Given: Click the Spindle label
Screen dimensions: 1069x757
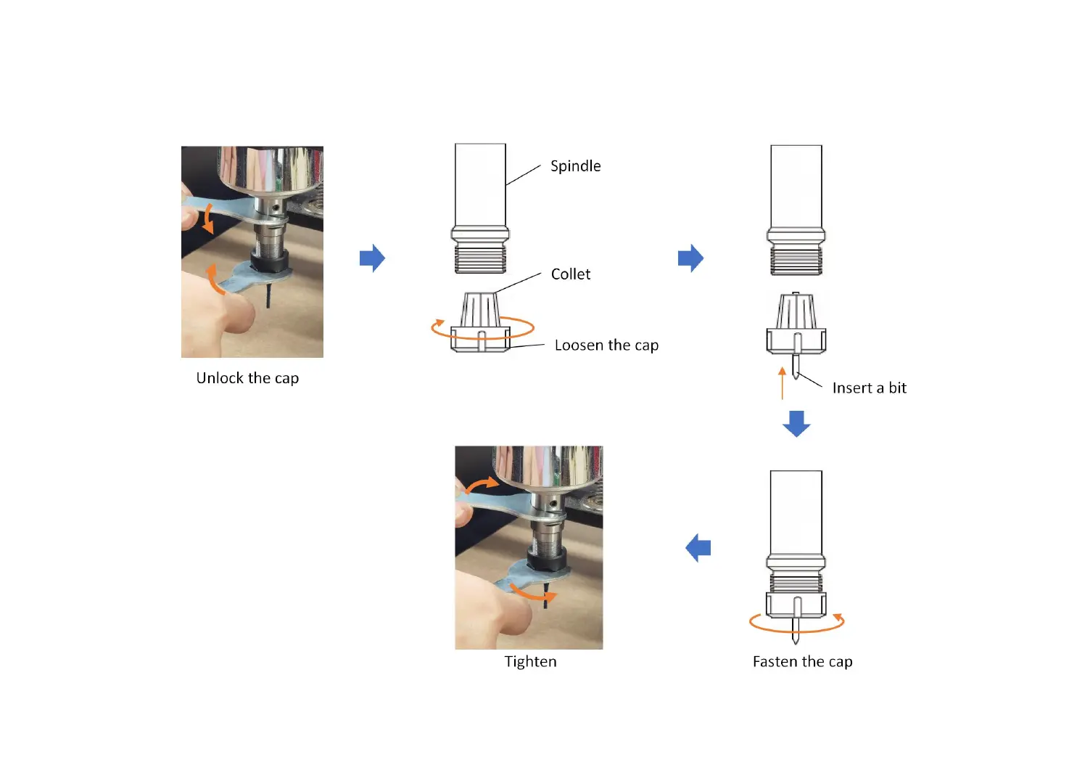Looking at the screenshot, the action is pyautogui.click(x=575, y=166).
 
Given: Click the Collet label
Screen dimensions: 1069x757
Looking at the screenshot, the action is pyautogui.click(x=571, y=274).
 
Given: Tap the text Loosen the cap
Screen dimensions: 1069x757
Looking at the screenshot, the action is pyautogui.click(x=606, y=345).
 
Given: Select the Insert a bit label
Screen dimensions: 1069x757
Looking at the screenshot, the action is pyautogui.click(x=869, y=388).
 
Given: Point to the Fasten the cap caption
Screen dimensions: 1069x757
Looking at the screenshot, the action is pyautogui.click(x=802, y=662).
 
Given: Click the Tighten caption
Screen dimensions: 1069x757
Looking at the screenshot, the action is pyautogui.click(x=530, y=662).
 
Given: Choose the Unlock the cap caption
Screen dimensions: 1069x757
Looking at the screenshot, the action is pyautogui.click(x=247, y=378).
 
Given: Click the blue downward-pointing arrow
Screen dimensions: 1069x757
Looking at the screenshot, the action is pyautogui.click(x=796, y=423).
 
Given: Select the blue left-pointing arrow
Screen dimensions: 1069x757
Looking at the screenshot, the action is pyautogui.click(x=698, y=548).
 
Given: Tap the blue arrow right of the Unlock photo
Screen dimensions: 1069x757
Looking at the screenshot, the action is pyautogui.click(x=372, y=258).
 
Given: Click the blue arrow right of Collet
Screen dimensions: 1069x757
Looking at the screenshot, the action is pyautogui.click(x=690, y=258).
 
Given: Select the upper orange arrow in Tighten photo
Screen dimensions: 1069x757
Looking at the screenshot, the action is pyautogui.click(x=482, y=485).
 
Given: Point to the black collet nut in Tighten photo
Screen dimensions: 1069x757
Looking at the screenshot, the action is pyautogui.click(x=546, y=557).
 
